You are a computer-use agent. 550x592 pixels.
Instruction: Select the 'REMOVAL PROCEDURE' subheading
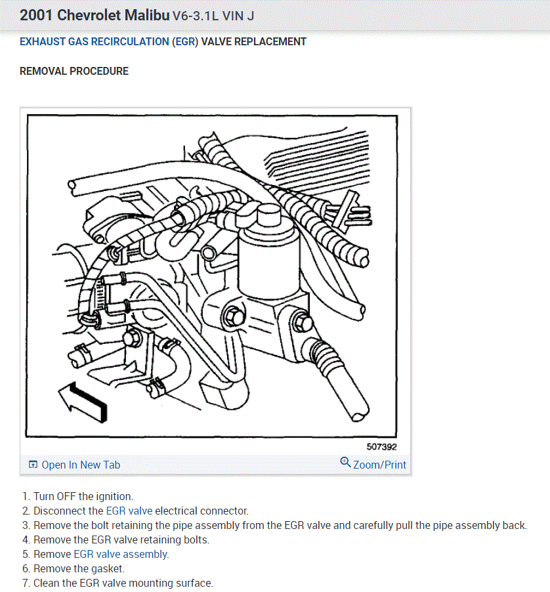[74, 71]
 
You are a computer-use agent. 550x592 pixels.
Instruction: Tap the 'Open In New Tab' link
[81, 465]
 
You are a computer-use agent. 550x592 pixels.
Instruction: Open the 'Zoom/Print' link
[379, 465]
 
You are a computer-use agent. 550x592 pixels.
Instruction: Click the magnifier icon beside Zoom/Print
[345, 463]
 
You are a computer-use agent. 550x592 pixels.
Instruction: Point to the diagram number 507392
[381, 447]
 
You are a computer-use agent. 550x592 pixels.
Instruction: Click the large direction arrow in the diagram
[82, 400]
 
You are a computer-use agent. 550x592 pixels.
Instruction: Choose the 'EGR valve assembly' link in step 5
[121, 554]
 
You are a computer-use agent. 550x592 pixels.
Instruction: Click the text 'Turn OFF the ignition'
[83, 496]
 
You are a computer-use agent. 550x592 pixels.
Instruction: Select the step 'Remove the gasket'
[79, 568]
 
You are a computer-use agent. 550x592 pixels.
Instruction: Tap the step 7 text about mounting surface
[123, 583]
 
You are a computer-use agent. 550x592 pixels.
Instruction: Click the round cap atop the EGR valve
[268, 215]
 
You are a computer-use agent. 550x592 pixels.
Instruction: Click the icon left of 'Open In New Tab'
[33, 465]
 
